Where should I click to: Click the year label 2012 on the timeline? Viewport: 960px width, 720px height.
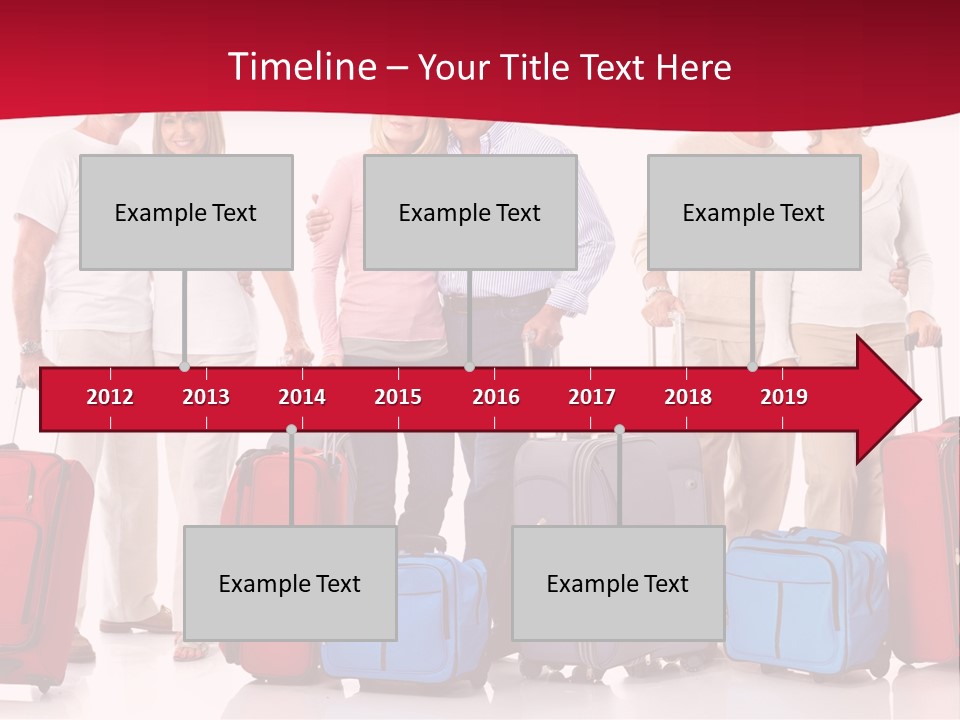110,397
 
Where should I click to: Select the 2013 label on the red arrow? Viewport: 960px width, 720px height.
206,397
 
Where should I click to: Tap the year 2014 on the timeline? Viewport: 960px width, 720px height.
302,397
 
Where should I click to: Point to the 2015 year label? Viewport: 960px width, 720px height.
398,397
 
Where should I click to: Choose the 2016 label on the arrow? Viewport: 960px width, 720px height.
496,397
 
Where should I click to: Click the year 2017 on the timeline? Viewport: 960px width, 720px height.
592,397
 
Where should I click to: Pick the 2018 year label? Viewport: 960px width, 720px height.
688,397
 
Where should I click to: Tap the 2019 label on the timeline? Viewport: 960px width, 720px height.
784,397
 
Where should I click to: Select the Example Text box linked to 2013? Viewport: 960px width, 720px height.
186,212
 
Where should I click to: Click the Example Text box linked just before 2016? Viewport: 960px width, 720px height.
470,212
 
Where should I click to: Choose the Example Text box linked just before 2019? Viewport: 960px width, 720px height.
754,212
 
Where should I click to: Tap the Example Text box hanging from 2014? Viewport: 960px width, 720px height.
290,583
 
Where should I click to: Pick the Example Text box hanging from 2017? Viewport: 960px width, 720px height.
618,583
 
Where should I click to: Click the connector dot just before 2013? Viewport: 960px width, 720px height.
185,367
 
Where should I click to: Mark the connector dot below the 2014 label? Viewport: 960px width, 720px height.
291,429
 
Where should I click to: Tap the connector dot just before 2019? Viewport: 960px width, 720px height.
753,367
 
